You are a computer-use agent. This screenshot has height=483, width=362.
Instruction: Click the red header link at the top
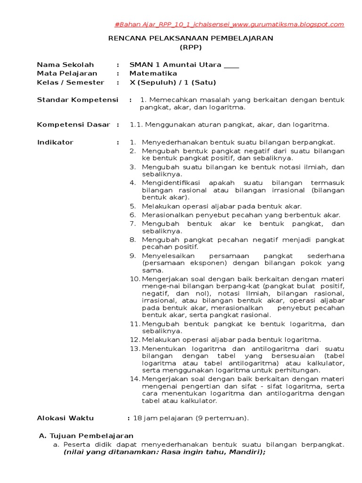[230, 25]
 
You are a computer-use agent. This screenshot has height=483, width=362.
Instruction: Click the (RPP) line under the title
[190, 47]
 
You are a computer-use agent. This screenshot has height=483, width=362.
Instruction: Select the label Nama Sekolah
[66, 65]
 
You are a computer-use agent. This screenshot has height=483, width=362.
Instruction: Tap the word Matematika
[153, 74]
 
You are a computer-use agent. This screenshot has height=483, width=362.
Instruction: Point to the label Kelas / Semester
[71, 83]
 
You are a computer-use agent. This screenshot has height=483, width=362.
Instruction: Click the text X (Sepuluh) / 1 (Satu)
[173, 83]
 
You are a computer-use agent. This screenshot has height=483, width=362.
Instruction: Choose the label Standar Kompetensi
[78, 100]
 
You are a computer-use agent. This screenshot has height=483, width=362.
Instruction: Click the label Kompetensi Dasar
[74, 125]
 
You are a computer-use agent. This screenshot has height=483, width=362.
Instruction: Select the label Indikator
[55, 142]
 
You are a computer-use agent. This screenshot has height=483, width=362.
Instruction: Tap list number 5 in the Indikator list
[133, 206]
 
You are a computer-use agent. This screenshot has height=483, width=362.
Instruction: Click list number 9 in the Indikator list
[133, 256]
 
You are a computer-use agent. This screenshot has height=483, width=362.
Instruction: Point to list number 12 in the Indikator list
[135, 340]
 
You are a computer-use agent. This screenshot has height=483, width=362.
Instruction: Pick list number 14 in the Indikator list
[135, 379]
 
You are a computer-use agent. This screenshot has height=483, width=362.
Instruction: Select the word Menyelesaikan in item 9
[166, 256]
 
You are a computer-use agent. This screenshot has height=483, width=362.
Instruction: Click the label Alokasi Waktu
[66, 418]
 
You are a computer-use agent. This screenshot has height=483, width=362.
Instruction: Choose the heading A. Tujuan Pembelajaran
[86, 436]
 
